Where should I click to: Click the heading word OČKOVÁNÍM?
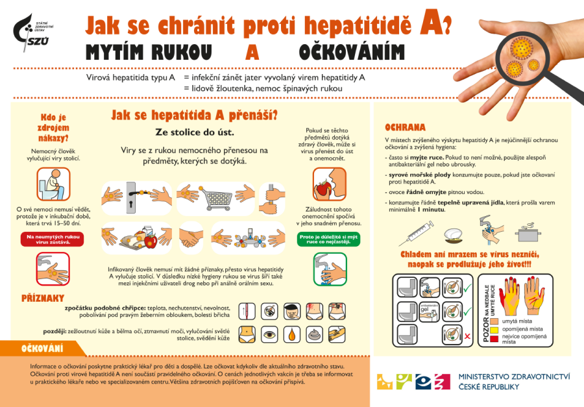(x=351, y=52)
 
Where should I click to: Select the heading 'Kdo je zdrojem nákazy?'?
(x=54, y=127)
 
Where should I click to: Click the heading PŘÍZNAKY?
(x=43, y=298)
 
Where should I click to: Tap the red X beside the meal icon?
(x=468, y=336)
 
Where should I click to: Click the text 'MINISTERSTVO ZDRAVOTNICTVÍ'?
(x=514, y=376)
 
